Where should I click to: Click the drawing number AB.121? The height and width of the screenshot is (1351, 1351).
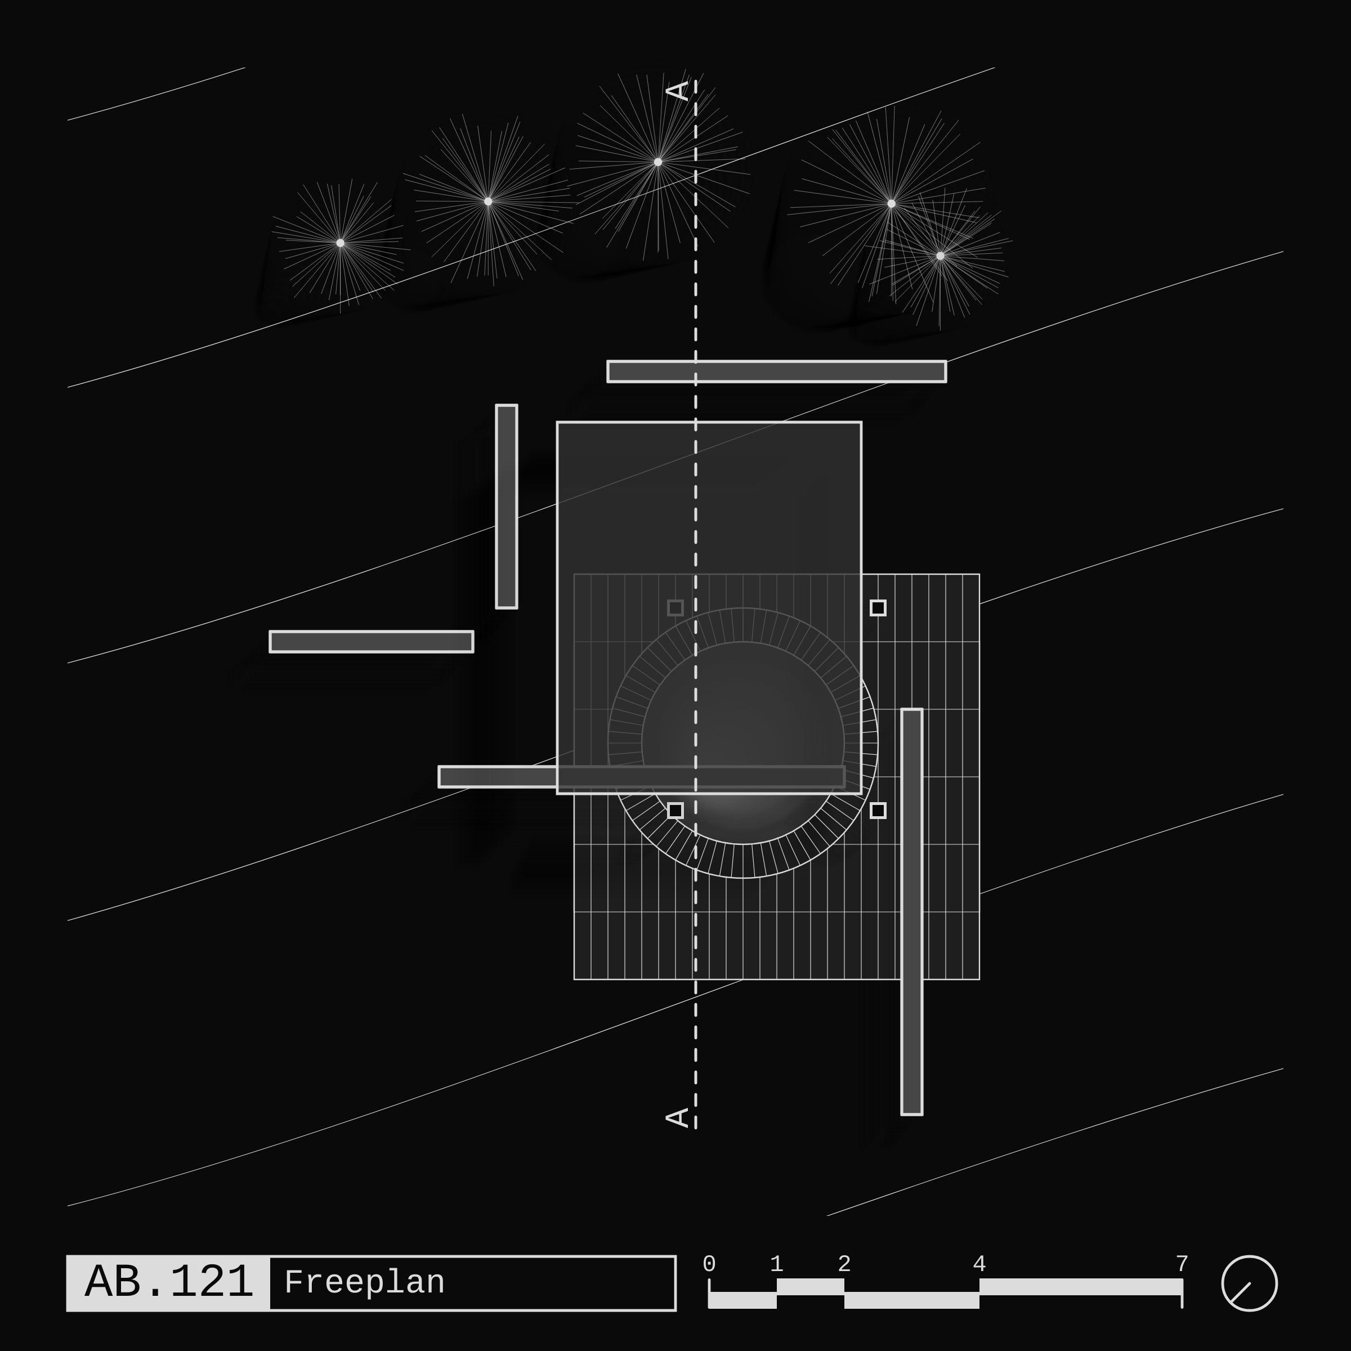click(168, 1282)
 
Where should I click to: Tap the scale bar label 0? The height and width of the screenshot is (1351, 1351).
click(709, 1264)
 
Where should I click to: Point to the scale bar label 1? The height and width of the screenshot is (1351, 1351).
click(776, 1264)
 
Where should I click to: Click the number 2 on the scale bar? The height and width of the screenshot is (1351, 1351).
click(844, 1264)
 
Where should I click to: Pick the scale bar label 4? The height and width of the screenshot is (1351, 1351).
click(979, 1264)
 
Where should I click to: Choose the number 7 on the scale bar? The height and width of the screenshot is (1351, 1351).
click(1182, 1264)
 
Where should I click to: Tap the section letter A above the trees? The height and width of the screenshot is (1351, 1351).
click(678, 91)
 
